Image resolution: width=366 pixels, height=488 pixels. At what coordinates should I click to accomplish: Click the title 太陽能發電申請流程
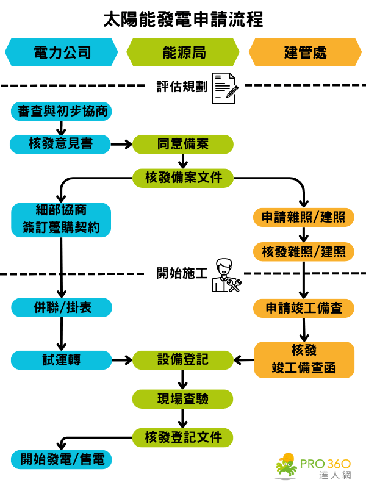pos(183,19)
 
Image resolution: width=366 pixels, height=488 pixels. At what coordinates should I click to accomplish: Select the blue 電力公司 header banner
pos(61,52)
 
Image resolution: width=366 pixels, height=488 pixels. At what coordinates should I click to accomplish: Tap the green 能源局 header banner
pos(183,52)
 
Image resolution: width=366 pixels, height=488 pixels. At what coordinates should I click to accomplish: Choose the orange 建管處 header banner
pos(305,52)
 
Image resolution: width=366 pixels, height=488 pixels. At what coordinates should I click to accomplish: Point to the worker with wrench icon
pos(225,275)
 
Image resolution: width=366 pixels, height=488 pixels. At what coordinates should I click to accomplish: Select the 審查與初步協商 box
pos(61,111)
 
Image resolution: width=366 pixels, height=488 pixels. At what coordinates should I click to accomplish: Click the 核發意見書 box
pos(61,144)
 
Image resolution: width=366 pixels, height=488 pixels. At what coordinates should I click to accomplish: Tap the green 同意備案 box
pos(183,144)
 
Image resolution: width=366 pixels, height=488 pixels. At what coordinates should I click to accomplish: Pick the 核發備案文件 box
pos(183,178)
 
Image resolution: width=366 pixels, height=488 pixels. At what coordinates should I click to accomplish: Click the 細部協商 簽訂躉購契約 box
pos(61,220)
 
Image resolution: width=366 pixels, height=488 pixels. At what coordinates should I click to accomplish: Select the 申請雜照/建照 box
pos(304,218)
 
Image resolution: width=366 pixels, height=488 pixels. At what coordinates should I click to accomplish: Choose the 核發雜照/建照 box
pos(304,251)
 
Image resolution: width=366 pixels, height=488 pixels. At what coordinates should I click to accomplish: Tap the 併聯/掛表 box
pos(61,307)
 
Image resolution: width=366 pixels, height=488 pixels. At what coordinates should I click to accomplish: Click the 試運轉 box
pos(61,359)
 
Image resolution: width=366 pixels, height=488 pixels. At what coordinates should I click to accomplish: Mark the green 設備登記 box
pos(183,359)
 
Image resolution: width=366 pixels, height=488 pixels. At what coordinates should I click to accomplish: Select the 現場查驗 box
pos(183,399)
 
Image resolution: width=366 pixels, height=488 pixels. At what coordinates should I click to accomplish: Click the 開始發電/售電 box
pos(61,459)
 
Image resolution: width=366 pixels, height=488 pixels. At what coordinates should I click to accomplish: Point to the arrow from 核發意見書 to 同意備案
pos(121,144)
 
